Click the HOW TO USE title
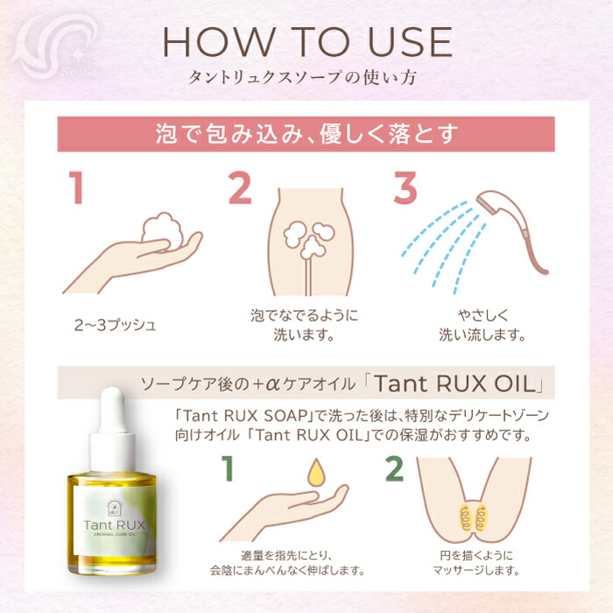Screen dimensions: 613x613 306,41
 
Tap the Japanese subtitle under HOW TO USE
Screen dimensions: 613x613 306,77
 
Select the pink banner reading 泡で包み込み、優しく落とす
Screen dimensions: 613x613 306,134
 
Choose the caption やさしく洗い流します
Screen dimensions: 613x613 482,324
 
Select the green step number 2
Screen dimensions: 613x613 393,470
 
